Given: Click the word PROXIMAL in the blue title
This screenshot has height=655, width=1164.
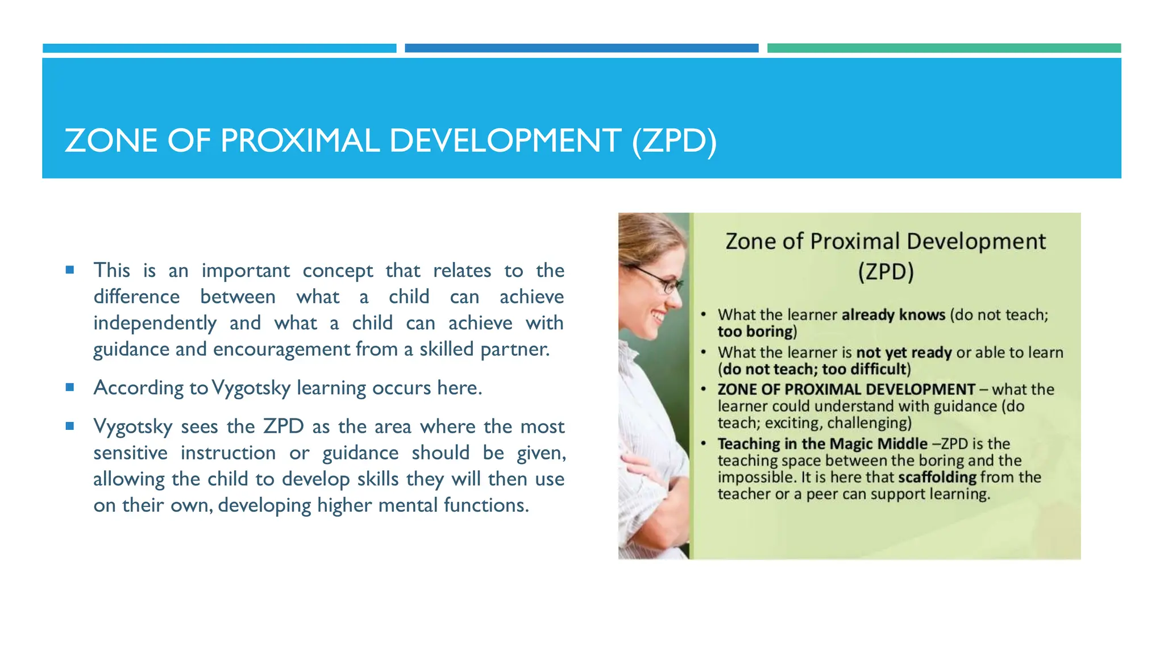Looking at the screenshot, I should (x=300, y=140).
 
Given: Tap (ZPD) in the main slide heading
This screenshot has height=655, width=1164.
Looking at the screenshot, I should (x=674, y=140).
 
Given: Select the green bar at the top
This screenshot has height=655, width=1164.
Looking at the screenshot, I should (x=943, y=48).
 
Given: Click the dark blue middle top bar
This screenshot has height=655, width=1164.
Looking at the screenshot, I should (x=581, y=48).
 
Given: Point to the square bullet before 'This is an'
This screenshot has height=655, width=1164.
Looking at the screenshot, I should (x=70, y=270).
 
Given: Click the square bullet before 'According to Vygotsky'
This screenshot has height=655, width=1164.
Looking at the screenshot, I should (x=70, y=388).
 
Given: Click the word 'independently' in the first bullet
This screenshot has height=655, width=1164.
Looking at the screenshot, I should (x=155, y=323).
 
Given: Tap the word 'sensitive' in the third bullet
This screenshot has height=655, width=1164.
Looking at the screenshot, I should (x=130, y=453).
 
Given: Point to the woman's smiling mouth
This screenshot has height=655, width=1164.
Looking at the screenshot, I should (x=659, y=314).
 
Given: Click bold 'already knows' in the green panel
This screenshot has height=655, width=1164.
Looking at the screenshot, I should (x=893, y=314).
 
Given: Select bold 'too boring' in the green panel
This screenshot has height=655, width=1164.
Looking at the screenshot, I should (x=755, y=331).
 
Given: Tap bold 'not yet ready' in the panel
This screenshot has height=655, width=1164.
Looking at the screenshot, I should (x=904, y=353).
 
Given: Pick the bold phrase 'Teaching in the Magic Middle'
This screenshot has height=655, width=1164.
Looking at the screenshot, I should (x=822, y=443).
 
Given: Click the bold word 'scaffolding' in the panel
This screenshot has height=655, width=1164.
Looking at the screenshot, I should (x=937, y=477).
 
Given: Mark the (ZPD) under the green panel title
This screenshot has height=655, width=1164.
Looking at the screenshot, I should (x=886, y=272).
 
